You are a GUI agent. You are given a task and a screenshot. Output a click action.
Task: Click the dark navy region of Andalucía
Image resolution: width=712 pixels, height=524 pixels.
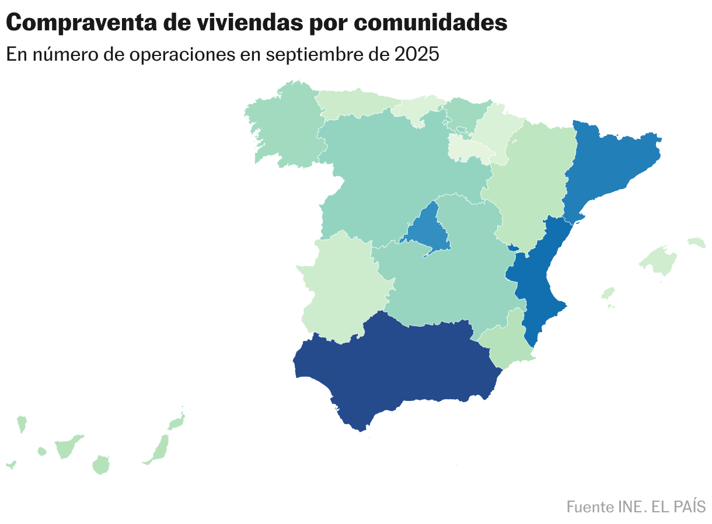(x=397, y=368)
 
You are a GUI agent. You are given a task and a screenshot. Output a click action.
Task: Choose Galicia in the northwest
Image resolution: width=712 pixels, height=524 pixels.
(x=283, y=125)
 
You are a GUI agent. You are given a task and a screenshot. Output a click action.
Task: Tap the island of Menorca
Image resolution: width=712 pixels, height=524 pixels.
(x=697, y=242)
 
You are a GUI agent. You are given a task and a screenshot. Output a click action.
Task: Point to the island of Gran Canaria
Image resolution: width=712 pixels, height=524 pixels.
(x=101, y=465)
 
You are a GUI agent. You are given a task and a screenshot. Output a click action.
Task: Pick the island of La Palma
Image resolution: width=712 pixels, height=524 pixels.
(x=22, y=423)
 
